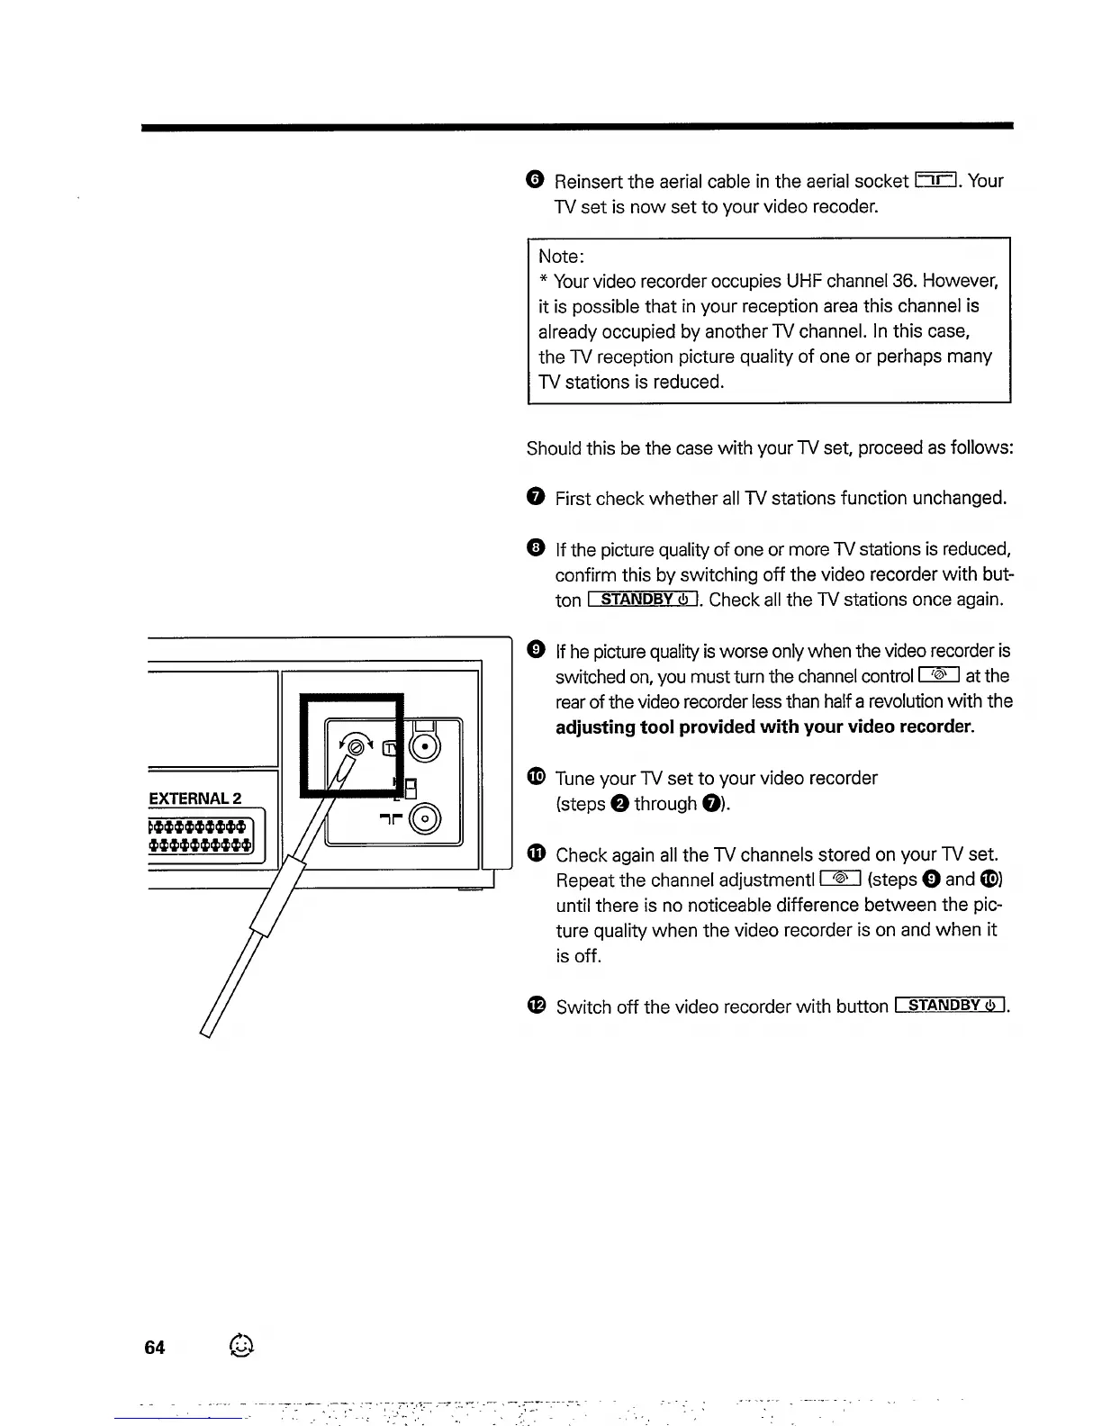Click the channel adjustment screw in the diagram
pyautogui.click(x=357, y=745)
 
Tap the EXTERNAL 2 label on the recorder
pyautogui.click(x=194, y=799)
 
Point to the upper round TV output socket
pyautogui.click(x=424, y=747)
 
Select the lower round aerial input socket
pyautogui.click(x=424, y=818)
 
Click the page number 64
pyautogui.click(x=155, y=1347)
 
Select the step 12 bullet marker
pyautogui.click(x=537, y=1006)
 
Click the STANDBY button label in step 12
pyautogui.click(x=952, y=1006)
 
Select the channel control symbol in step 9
pyautogui.click(x=939, y=676)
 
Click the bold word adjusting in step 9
pyautogui.click(x=595, y=727)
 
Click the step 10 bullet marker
pyautogui.click(x=537, y=778)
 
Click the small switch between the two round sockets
pyautogui.click(x=410, y=788)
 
